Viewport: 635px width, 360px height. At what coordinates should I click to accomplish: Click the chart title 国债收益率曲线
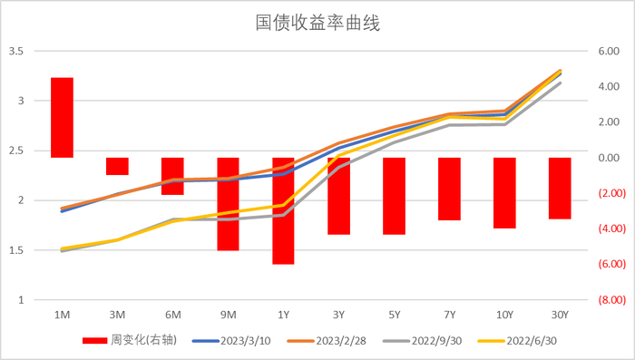tap(317, 23)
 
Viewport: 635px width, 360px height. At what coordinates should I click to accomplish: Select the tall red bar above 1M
tap(62, 118)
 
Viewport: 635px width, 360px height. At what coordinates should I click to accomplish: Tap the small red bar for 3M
tap(117, 166)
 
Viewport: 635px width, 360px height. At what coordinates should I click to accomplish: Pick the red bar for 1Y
tap(283, 210)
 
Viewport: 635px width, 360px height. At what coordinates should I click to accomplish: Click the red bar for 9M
tap(228, 204)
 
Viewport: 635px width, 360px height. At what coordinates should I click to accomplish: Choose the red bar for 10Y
tap(505, 193)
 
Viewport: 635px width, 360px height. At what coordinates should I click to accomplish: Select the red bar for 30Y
tap(561, 189)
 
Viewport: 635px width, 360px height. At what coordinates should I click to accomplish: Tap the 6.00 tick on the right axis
tap(606, 52)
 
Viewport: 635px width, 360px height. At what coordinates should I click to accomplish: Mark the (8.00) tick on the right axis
tap(605, 300)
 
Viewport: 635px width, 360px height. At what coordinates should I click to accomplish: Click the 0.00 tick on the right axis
tap(606, 158)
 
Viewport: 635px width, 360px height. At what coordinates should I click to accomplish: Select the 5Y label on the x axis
tap(394, 315)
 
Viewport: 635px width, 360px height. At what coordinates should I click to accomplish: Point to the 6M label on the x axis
tap(172, 315)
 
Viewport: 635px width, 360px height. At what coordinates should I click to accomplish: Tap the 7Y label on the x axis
tap(449, 315)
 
